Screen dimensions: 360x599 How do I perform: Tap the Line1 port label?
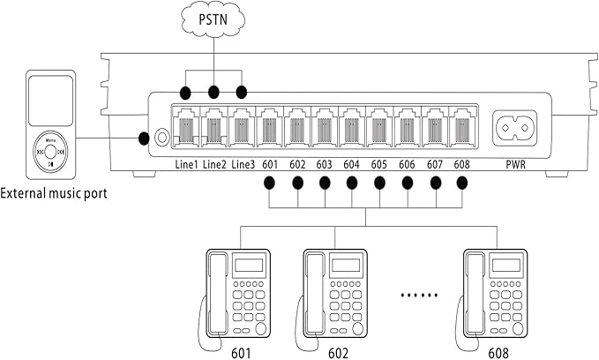click(185, 164)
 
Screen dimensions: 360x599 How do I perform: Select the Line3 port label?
click(243, 164)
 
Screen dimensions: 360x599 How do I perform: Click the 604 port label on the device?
click(352, 164)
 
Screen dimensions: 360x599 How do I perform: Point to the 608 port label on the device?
click(461, 164)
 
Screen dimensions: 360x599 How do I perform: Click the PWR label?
click(518, 164)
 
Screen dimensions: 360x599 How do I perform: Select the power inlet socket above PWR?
click(518, 129)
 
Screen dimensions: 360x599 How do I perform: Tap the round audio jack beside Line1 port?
click(161, 138)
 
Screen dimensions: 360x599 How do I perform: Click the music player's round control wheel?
click(49, 152)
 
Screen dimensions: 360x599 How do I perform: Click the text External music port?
click(54, 193)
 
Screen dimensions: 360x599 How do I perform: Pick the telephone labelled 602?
click(335, 294)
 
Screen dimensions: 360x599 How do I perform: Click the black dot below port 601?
click(270, 184)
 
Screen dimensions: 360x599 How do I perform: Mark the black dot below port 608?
click(462, 184)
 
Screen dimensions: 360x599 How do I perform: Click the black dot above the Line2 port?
click(213, 92)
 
